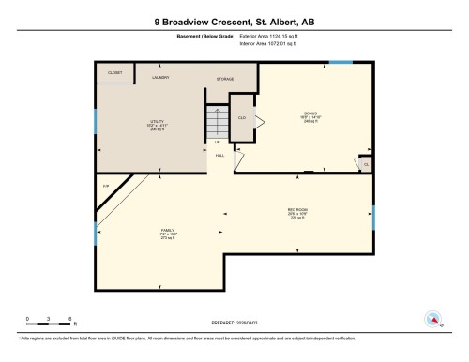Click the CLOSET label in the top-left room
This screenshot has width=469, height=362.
(114, 71)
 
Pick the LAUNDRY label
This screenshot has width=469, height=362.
(160, 78)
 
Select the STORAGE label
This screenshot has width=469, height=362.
(224, 79)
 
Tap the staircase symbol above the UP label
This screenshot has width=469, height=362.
(218, 119)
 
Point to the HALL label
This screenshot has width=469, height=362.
(219, 155)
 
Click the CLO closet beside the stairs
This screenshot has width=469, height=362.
(241, 117)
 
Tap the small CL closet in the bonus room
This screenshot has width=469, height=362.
(365, 164)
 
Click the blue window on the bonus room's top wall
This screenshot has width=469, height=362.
(340, 62)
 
